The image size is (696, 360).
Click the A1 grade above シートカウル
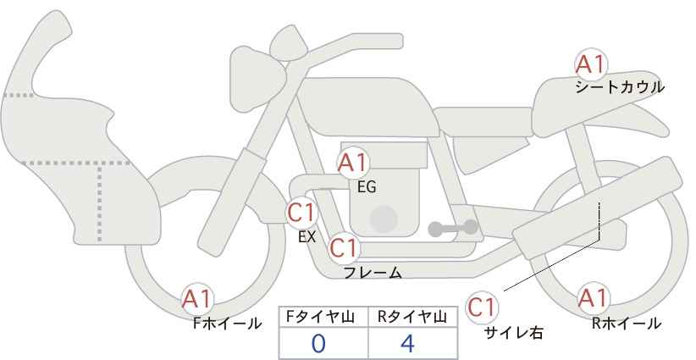(591, 65)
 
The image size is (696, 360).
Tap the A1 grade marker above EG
(352, 163)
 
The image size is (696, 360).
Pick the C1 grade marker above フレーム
(345, 247)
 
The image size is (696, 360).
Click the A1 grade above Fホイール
(197, 299)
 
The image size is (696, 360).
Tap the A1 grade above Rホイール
(593, 298)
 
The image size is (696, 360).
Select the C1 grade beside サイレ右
(482, 307)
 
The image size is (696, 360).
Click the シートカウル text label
(620, 87)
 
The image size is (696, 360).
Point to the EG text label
(367, 187)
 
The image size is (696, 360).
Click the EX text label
(307, 237)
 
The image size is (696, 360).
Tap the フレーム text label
(373, 273)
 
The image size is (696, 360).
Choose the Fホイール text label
(227, 324)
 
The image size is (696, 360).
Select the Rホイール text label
(627, 324)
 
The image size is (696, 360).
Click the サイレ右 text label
(514, 333)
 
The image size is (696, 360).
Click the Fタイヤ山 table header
(320, 317)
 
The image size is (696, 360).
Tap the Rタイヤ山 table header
(412, 317)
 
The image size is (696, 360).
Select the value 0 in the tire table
(318, 344)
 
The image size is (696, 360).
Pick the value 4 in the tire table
(407, 344)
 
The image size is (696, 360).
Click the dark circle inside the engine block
(384, 219)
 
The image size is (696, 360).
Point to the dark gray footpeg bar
(453, 228)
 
